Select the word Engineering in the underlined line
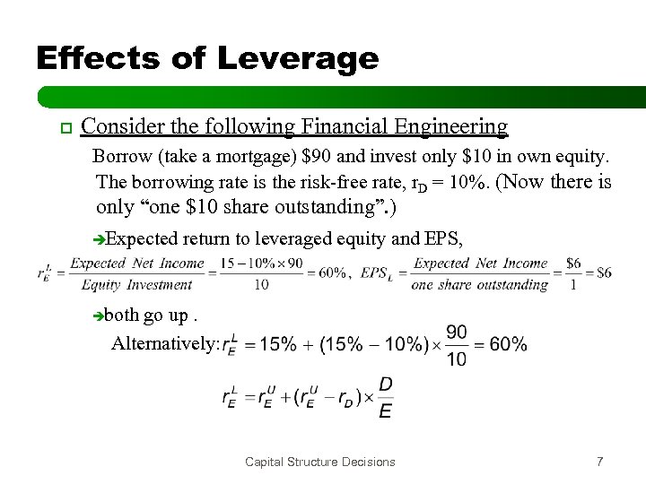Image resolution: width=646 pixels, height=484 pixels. (x=453, y=126)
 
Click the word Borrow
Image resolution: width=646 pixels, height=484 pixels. (x=120, y=159)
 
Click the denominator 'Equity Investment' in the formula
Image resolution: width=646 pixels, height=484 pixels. (x=136, y=286)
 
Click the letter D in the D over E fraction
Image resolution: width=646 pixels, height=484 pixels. (x=385, y=385)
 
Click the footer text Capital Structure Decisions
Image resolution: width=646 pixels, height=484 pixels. (x=321, y=461)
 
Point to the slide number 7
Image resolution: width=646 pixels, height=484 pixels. (x=598, y=461)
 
